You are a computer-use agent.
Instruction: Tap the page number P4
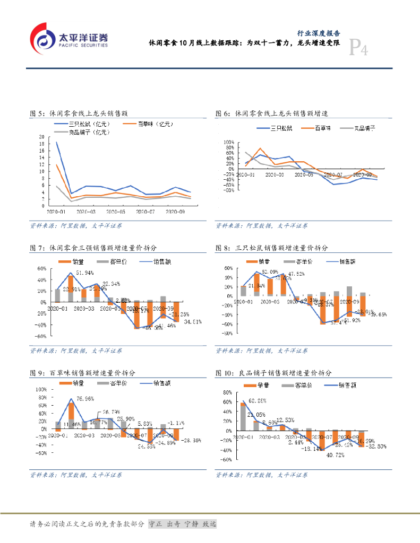point(358,50)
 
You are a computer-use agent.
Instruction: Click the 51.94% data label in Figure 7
point(85,273)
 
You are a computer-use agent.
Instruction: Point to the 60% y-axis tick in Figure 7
point(41,268)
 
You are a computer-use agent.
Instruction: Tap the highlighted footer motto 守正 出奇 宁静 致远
point(183,524)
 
